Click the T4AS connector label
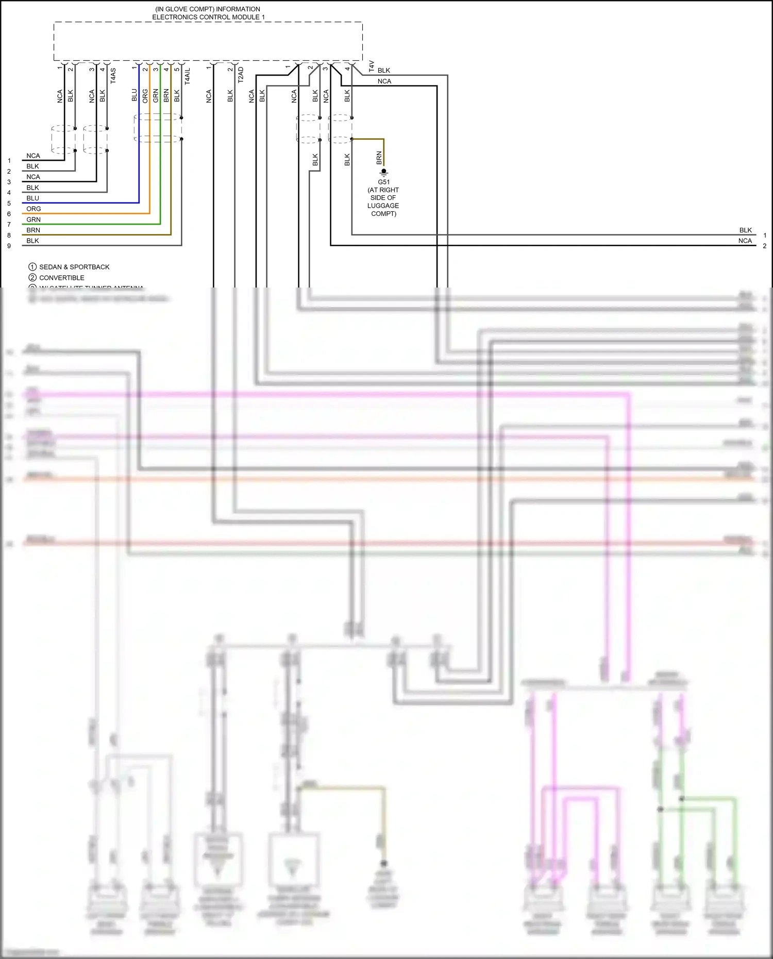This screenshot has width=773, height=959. point(113,76)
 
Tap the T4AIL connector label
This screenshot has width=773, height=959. point(188,76)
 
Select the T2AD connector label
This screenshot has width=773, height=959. point(241,75)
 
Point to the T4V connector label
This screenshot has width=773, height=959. point(371,66)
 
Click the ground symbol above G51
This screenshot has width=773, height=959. point(384,173)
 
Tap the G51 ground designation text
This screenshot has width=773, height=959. point(384,182)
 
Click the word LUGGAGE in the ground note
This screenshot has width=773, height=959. point(383,206)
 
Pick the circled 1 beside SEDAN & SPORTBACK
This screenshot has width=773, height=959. point(32,267)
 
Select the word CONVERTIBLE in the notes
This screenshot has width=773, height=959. point(62,278)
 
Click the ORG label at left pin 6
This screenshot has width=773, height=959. point(33,209)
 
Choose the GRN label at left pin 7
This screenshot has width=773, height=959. point(33,220)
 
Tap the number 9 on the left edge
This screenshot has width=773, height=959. point(9,246)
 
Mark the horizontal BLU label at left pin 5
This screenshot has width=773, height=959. point(33,198)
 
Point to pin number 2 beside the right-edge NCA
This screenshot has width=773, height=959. point(765,246)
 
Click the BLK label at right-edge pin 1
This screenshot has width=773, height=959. point(745,230)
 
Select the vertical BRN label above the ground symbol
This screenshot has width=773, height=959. point(379,158)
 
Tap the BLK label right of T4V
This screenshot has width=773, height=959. point(384,71)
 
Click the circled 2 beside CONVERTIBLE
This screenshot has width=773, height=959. point(32,278)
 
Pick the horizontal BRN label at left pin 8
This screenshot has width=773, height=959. point(33,230)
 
